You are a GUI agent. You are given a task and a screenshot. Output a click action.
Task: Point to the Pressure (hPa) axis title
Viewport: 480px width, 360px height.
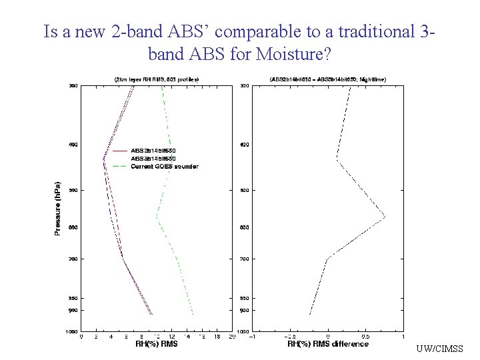coord(57,208)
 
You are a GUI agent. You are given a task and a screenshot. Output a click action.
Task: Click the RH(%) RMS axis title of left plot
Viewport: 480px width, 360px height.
coord(157,344)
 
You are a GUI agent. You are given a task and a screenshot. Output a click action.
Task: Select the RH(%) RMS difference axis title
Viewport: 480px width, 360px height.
coord(327,344)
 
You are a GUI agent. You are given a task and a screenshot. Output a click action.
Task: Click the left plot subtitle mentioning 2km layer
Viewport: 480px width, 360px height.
coord(157,79)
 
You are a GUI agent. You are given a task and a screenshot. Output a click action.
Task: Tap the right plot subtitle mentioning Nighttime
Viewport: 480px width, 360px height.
coord(327,79)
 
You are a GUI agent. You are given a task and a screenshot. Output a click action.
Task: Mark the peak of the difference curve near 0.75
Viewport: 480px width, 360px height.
coord(385,217)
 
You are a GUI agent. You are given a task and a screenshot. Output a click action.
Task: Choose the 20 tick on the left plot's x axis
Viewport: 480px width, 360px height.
coord(231,337)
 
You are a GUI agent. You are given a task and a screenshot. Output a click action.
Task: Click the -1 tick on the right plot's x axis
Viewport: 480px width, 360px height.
coord(251,337)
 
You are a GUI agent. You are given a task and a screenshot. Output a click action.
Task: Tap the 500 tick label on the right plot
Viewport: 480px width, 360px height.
coord(245,191)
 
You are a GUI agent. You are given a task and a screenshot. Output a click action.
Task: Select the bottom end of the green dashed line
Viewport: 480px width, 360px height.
coord(193,314)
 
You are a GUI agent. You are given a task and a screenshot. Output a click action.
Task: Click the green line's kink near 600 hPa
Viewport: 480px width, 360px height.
coord(157,217)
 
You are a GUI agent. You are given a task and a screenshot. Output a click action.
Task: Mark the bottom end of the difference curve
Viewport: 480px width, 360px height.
coord(309,314)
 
